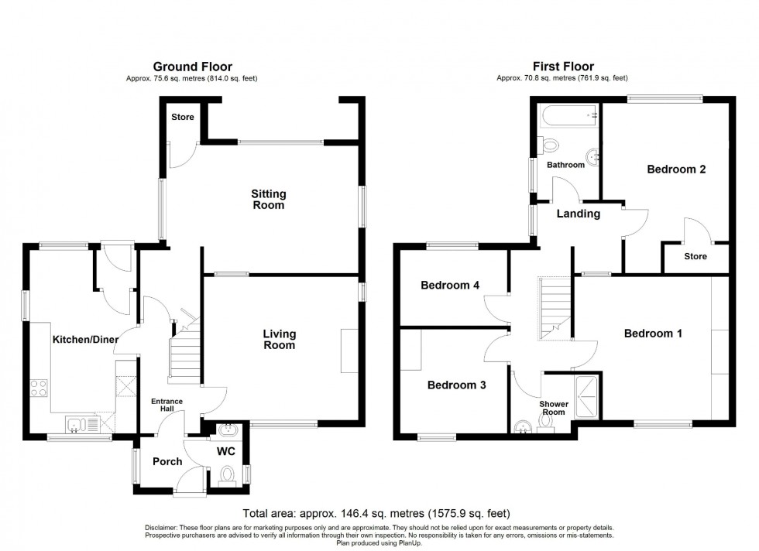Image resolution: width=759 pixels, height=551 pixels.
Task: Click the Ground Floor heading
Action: pos(192,67)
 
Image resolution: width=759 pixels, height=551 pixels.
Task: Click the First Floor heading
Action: pos(562,67)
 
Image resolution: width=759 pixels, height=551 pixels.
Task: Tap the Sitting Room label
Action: pos(268,200)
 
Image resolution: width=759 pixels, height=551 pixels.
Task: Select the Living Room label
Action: pos(279,340)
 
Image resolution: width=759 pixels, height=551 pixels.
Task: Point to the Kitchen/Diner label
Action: pos(84,339)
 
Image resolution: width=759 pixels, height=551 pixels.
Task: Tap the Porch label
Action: pos(167,462)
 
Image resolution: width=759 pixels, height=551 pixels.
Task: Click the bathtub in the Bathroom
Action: pos(569,116)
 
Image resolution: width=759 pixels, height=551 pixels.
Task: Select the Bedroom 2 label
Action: pos(676,169)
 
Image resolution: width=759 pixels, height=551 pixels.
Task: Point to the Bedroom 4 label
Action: pos(449,286)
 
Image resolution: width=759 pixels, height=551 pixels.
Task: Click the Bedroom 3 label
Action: pos(456,385)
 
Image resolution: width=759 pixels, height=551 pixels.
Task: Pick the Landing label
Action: pos(579,214)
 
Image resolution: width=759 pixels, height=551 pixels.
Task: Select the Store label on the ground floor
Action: pos(183,118)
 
